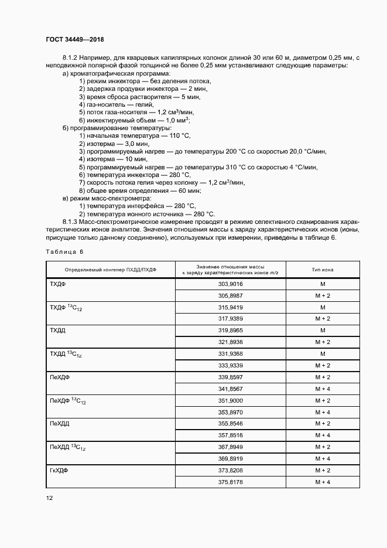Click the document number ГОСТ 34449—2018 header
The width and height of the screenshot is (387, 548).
click(74, 39)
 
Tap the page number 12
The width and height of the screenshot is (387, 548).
click(49, 498)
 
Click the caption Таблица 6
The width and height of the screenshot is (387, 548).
click(64, 251)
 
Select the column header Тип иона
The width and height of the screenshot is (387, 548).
click(322, 269)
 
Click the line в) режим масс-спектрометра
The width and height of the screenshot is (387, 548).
click(110, 199)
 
